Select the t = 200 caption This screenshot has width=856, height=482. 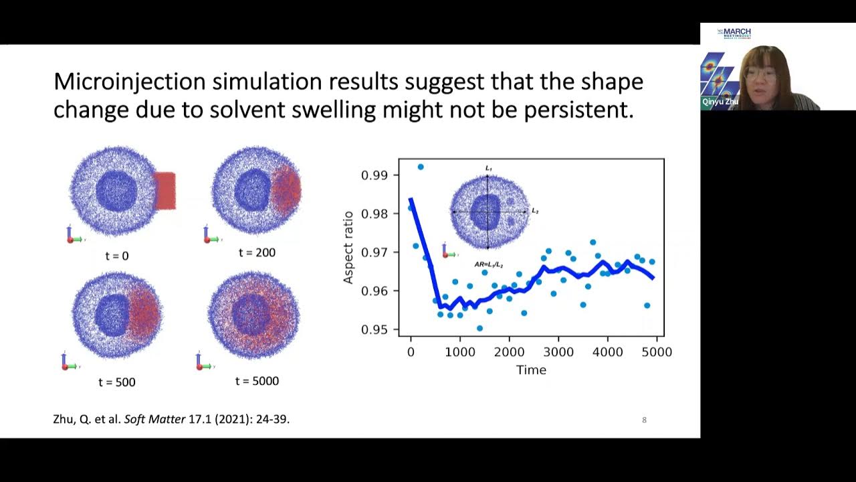257,252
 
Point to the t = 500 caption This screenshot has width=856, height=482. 116,382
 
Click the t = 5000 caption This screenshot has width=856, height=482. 257,381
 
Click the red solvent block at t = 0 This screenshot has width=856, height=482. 165,191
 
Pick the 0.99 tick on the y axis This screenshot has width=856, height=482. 374,175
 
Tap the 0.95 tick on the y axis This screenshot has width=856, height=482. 374,329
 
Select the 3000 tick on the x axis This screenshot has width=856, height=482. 559,351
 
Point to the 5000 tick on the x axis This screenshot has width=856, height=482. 657,351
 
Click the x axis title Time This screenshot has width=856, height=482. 531,370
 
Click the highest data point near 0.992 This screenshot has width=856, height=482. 421,167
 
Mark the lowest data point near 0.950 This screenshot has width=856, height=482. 479,328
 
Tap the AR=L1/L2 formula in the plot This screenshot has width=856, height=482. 488,265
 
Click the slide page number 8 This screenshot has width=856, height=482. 644,420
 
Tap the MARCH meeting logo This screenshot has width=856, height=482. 734,33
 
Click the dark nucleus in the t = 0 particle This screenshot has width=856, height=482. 116,191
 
